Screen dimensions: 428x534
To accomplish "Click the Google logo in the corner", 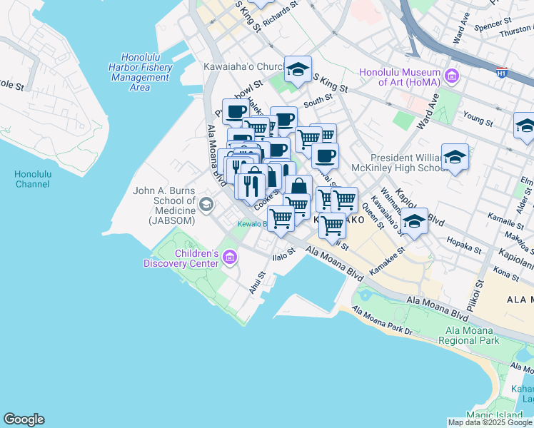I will click(x=24, y=419).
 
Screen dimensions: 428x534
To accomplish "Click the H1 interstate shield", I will click(x=502, y=72).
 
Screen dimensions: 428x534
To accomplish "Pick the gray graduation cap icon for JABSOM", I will click(x=206, y=205).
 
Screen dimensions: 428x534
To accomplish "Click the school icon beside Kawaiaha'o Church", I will click(x=298, y=69).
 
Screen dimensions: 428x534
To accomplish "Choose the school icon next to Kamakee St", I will click(x=414, y=221).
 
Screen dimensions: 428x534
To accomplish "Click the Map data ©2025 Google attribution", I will click(x=489, y=422).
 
